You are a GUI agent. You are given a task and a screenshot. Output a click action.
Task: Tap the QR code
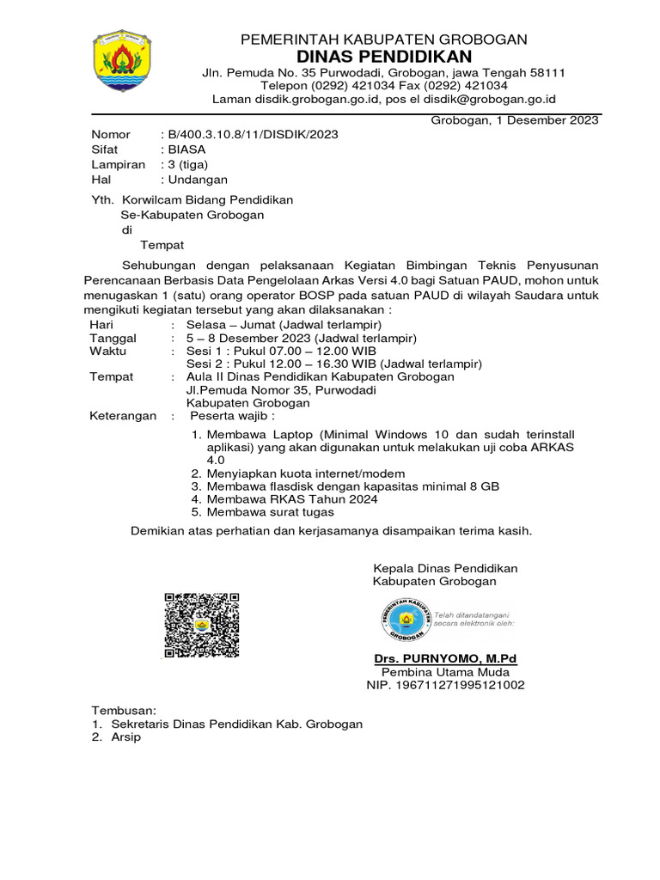point(201,626)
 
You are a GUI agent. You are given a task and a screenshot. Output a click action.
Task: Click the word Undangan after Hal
point(199,180)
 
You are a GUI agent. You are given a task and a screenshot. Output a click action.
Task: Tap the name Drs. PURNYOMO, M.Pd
point(444,658)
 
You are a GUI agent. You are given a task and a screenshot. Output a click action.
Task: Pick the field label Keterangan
point(123,416)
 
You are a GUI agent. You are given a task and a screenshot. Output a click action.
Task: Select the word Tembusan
point(125,711)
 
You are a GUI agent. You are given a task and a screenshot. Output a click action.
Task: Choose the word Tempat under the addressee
point(162,245)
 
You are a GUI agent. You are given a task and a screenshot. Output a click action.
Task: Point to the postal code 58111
point(546,73)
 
